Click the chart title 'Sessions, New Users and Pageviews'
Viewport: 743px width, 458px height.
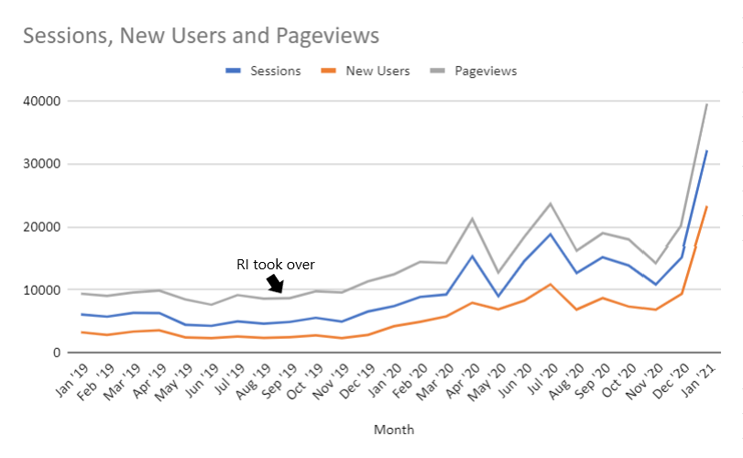pos(201,36)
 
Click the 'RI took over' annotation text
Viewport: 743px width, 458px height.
pos(275,265)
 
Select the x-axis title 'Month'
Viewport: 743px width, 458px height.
pos(393,429)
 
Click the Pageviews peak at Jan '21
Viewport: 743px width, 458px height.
pos(706,104)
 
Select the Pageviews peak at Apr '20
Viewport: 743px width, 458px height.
pos(472,219)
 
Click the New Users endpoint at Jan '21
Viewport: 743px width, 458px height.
pos(706,207)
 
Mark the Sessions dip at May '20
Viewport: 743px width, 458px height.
pos(497,296)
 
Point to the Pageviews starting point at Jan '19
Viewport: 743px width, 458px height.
pos(83,293)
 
